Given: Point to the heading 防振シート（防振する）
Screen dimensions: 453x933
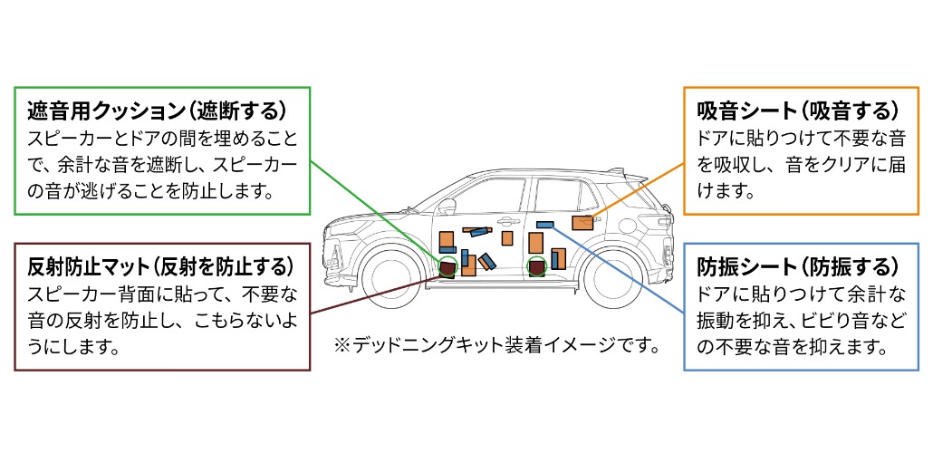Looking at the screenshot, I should [x=798, y=267].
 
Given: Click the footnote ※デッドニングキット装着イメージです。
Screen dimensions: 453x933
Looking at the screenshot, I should [x=496, y=346].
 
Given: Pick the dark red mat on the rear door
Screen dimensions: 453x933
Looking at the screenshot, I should [x=537, y=267].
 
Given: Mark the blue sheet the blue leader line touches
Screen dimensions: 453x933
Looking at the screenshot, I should [x=544, y=225].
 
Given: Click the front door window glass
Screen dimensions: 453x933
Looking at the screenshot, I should [x=485, y=194].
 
